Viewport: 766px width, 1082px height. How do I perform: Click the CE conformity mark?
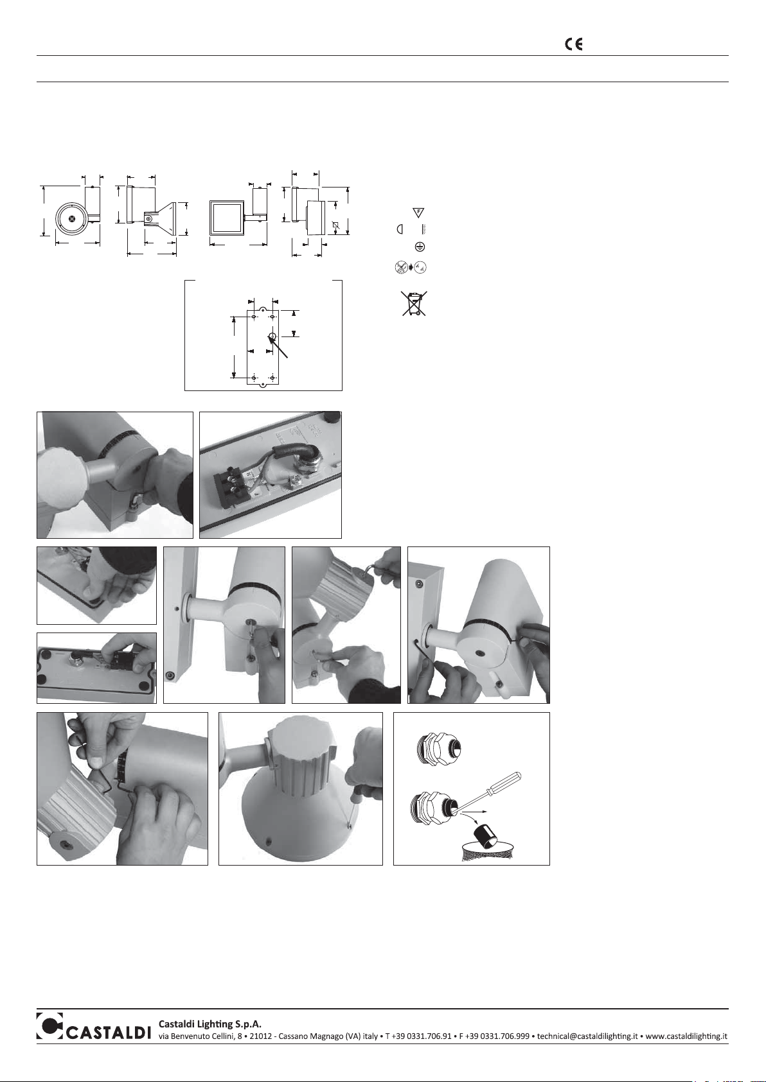pos(574,44)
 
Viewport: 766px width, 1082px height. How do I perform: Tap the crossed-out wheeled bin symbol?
pos(414,303)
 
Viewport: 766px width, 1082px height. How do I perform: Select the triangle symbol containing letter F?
pos(418,213)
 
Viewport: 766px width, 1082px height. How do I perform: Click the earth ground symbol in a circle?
pos(420,247)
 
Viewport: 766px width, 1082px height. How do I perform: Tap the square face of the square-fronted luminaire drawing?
pos(225,218)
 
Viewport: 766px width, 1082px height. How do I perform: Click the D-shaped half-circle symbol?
pos(400,229)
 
